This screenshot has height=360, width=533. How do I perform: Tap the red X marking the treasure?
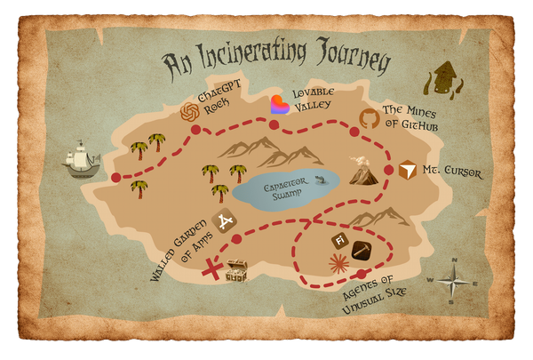click(x=214, y=268)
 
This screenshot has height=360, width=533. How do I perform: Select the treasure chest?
click(x=237, y=270)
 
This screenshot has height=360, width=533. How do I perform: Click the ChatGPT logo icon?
click(x=188, y=112)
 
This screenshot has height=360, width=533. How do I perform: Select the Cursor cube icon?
click(x=408, y=169)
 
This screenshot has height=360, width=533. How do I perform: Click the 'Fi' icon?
click(x=338, y=241)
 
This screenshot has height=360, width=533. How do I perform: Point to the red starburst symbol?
click(x=338, y=263)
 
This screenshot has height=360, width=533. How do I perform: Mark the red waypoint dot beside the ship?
click(x=115, y=178)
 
